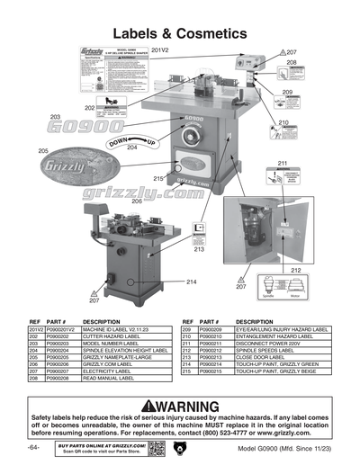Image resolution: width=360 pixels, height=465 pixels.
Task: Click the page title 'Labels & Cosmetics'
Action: [179, 32]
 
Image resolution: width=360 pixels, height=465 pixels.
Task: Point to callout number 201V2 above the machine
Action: [160, 50]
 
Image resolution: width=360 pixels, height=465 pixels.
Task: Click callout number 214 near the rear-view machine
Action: [191, 282]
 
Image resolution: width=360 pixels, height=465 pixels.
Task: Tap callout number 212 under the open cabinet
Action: [296, 270]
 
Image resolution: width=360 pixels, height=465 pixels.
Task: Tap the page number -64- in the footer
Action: [33, 447]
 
